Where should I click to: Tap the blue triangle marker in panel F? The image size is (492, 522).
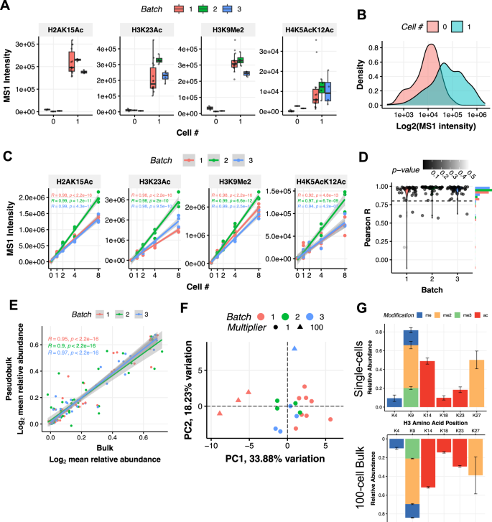click(294, 348)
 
